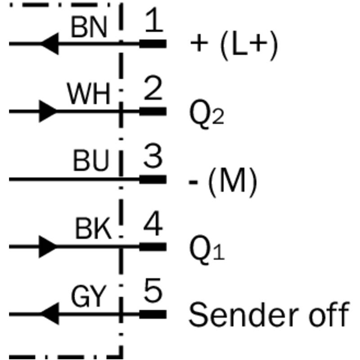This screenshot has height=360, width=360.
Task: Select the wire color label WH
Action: pyautogui.click(x=89, y=94)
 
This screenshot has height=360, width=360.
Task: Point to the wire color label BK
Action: pyautogui.click(x=93, y=230)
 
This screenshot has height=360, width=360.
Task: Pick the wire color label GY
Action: pyautogui.click(x=89, y=297)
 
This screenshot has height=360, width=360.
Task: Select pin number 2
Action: pyautogui.click(x=153, y=89)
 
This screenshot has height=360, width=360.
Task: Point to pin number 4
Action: pyautogui.click(x=153, y=225)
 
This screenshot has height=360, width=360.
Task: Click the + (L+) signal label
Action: pyautogui.click(x=234, y=45)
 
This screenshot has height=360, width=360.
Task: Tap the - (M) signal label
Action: pyautogui.click(x=222, y=181)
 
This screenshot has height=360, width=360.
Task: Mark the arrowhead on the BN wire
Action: pyautogui.click(x=49, y=44)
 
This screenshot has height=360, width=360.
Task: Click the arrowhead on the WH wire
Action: pyautogui.click(x=48, y=111)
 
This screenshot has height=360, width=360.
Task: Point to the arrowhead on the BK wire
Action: pyautogui.click(x=48, y=247)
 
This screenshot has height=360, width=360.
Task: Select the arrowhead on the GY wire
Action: pyautogui.click(x=49, y=314)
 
